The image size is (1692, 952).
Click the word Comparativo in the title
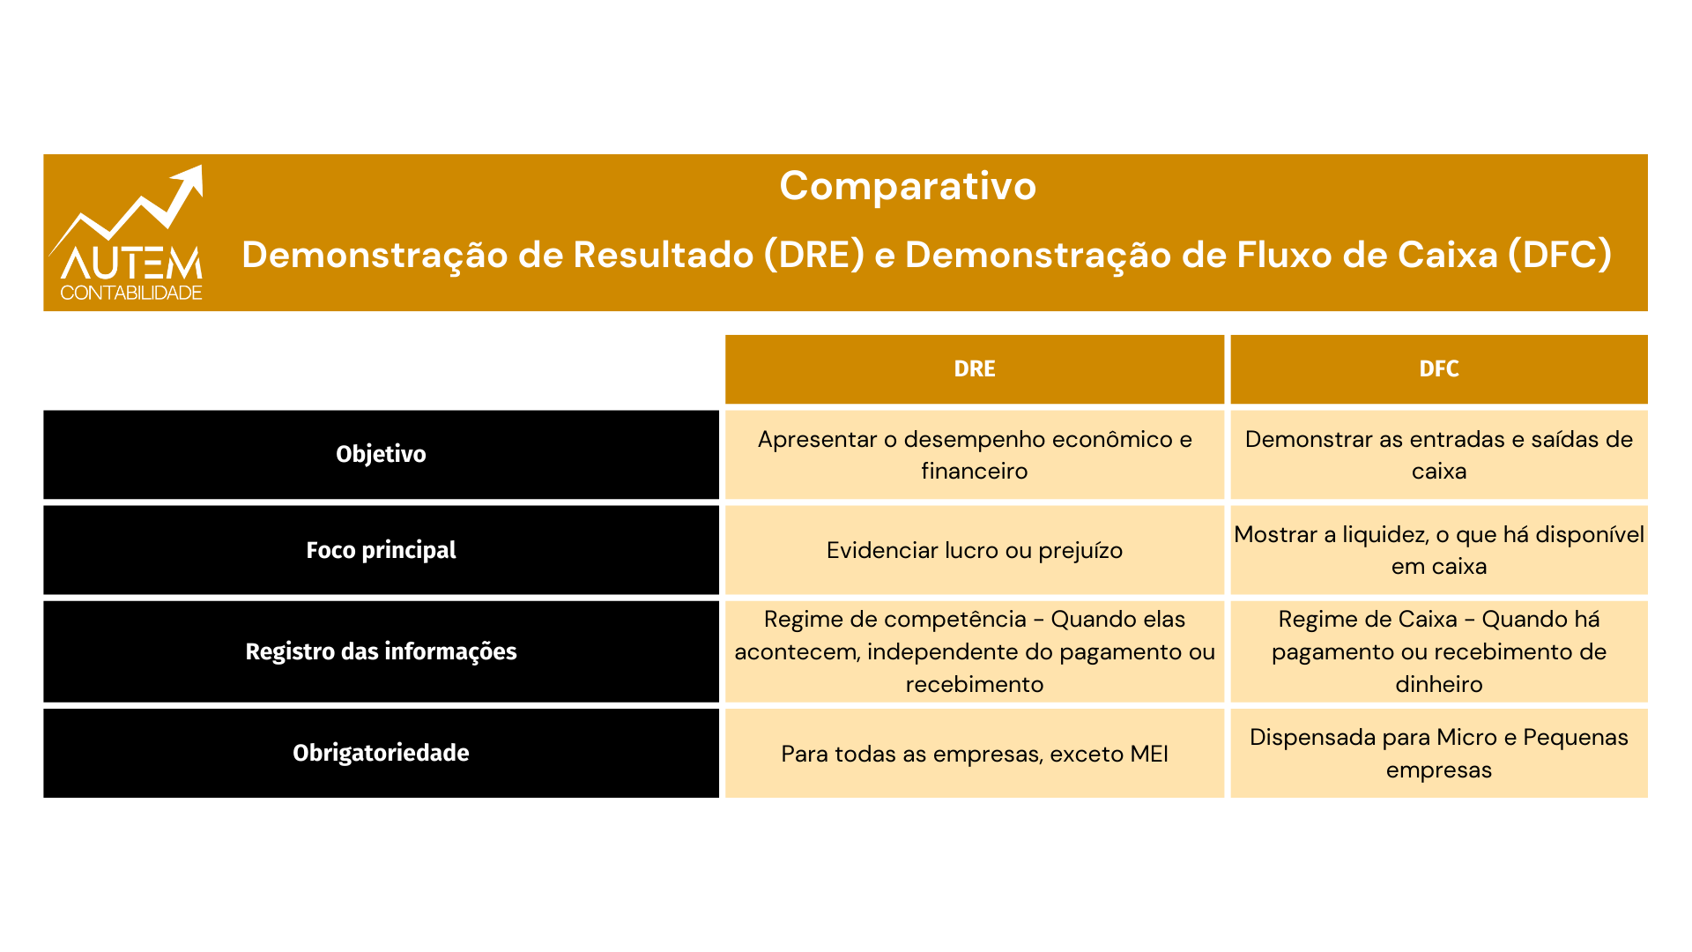pos(908,187)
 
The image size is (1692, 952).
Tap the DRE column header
pos(975,369)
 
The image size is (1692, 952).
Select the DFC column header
pos(1439,369)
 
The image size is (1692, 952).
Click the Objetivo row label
pos(381,455)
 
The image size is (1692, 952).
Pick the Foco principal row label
pos(381,550)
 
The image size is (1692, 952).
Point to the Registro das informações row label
pos(381,651)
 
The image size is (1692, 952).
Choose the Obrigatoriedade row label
pos(381,753)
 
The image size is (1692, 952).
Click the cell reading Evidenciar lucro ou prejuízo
pos(975,550)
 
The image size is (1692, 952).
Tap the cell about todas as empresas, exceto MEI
pos(975,753)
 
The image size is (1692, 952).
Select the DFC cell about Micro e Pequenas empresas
pos(1439,753)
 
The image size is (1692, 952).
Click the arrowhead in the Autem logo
pos(190,180)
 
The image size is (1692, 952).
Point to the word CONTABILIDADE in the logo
pos(131,293)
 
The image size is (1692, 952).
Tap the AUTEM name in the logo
pos(132,263)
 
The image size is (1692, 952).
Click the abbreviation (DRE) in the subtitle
pos(814,255)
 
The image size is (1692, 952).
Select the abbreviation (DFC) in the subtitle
pos(1560,255)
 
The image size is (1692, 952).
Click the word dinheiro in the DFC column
pos(1439,684)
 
